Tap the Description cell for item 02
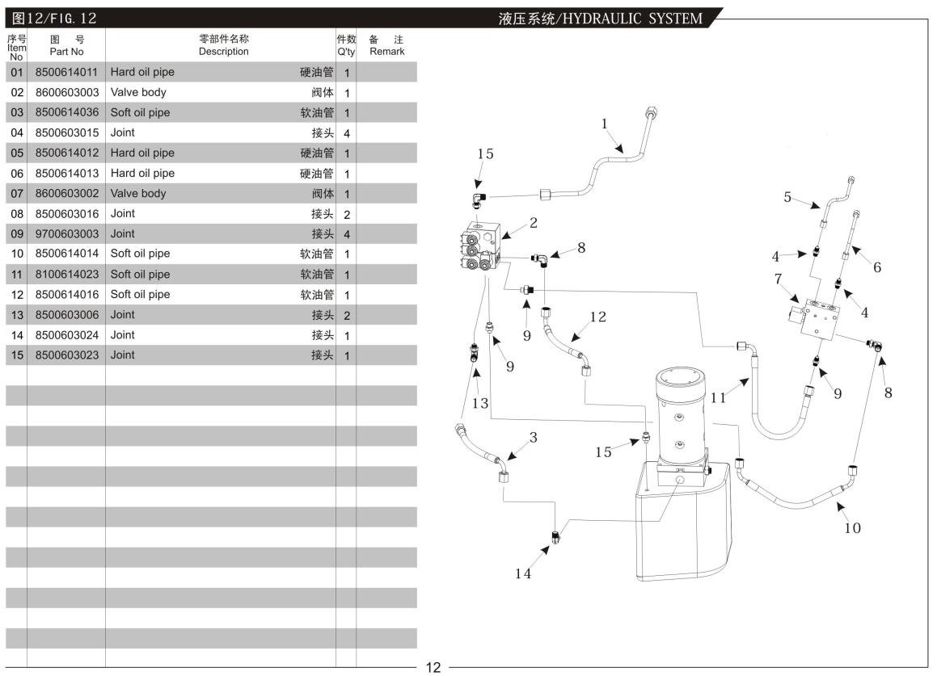[x=220, y=93]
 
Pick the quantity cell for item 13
[x=346, y=315]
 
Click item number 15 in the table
[x=15, y=355]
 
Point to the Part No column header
[x=66, y=45]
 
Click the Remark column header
[x=386, y=45]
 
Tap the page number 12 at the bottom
[x=433, y=667]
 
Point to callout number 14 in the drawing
[x=523, y=574]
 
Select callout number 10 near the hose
[x=852, y=528]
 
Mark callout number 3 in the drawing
[x=533, y=437]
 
